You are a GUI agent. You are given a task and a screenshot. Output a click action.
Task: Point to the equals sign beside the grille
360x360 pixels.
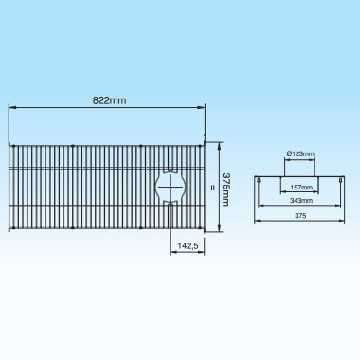pos(212,186)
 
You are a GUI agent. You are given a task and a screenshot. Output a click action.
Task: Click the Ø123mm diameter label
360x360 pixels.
pos(298,153)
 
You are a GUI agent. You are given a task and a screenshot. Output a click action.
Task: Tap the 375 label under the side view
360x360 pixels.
pos(299,214)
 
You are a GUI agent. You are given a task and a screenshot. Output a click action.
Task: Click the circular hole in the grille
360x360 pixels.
pos(171,185)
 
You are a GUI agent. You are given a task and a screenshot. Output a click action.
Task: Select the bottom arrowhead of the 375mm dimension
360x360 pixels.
pos(220,227)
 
